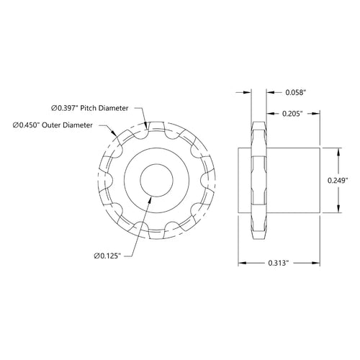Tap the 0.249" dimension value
(x=337, y=181)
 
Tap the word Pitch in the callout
(x=93, y=107)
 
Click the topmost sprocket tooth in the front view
(x=153, y=123)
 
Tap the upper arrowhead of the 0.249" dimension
(x=337, y=151)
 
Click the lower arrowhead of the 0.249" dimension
(x=337, y=210)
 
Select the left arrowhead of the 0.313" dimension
(x=241, y=264)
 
